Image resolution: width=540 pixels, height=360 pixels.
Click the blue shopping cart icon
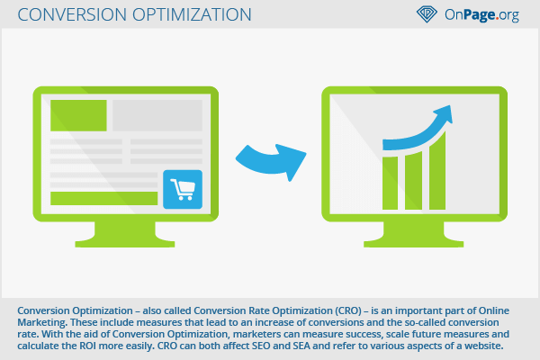pyautogui.click(x=183, y=189)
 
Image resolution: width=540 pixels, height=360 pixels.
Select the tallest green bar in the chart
pyautogui.click(x=437, y=172)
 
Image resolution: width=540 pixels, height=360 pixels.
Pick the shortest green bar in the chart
pyautogui.click(x=391, y=184)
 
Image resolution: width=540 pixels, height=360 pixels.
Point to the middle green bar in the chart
pyautogui.click(x=414, y=181)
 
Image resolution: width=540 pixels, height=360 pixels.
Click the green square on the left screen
pyautogui.click(x=78, y=115)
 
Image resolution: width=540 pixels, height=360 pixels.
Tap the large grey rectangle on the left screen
pyautogui.click(x=157, y=115)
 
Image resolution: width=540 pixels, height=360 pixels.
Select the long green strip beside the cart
pyautogui.click(x=104, y=198)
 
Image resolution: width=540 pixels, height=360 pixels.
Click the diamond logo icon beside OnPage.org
pyautogui.click(x=427, y=14)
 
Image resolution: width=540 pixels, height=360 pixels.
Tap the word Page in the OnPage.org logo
pyautogui.click(x=480, y=14)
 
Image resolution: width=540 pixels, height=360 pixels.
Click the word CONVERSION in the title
pyautogui.click(x=72, y=14)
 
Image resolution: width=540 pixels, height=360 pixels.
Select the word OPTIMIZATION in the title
pyautogui.click(x=192, y=14)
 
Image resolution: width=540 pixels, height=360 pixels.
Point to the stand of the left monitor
pyautogui.click(x=125, y=234)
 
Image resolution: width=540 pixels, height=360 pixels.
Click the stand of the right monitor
pyautogui.click(x=414, y=234)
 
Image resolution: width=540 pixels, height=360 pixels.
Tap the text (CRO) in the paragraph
pyautogui.click(x=348, y=310)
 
